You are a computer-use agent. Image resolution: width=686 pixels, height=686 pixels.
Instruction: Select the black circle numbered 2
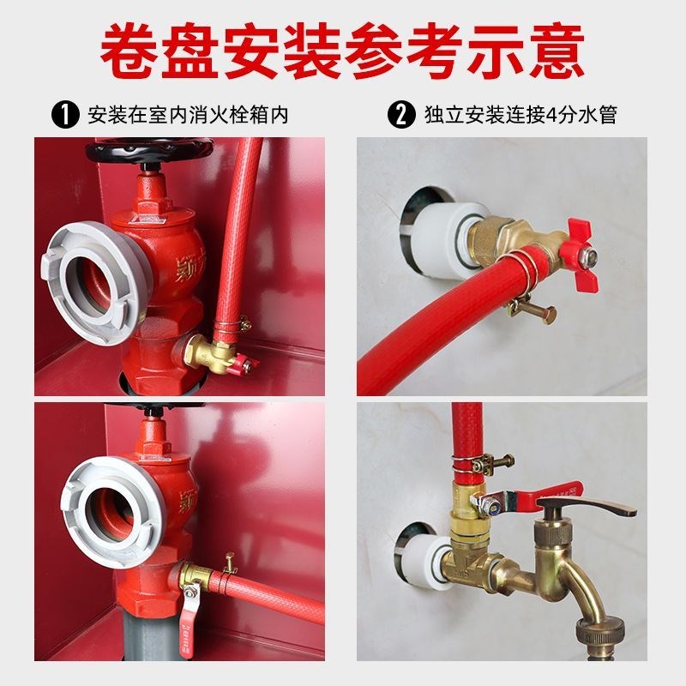coord(400,114)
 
